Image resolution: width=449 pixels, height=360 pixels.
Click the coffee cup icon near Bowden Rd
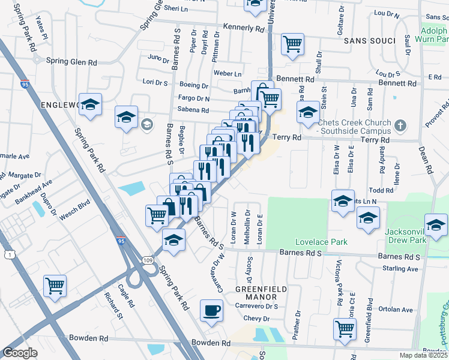210,310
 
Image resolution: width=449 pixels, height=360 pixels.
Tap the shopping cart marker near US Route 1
55,286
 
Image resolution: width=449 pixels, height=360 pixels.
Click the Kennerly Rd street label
244,28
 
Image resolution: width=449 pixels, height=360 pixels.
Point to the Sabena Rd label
192,110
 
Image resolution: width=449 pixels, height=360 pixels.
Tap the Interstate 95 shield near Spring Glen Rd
24,85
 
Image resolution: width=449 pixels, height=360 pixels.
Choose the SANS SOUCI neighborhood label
369,41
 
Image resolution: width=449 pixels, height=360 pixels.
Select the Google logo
20,352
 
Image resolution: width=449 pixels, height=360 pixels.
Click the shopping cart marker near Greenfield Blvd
344,328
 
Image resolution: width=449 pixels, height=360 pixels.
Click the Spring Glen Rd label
72,62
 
